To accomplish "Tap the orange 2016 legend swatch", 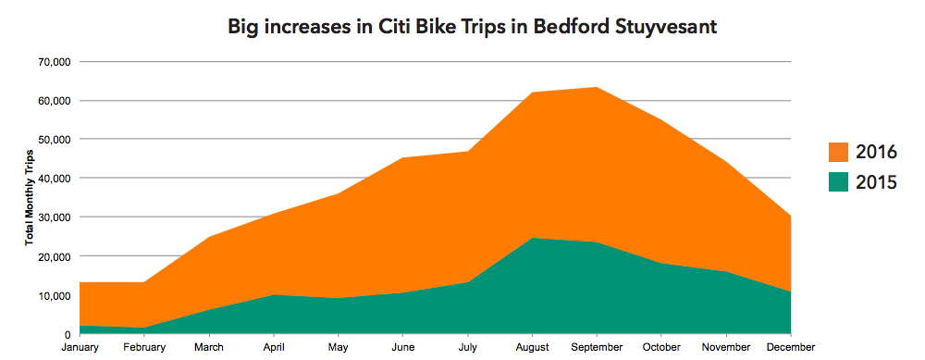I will [838, 153].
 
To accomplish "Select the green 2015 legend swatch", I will [838, 182].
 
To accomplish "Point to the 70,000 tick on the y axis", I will [55, 62].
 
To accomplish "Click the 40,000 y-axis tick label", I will [55, 179].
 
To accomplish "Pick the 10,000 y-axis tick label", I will [55, 295].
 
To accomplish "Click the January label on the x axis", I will [80, 347].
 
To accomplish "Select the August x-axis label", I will [533, 347].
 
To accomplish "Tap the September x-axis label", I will [597, 347].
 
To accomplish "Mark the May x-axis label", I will [339, 347].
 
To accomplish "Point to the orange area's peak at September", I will [597, 88].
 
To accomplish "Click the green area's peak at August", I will [533, 239].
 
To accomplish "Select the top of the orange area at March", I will [210, 238].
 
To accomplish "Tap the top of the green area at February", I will [145, 328].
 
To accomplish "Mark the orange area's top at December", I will [790, 217].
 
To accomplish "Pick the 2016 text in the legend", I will [876, 153].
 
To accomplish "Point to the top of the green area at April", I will [275, 295].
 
